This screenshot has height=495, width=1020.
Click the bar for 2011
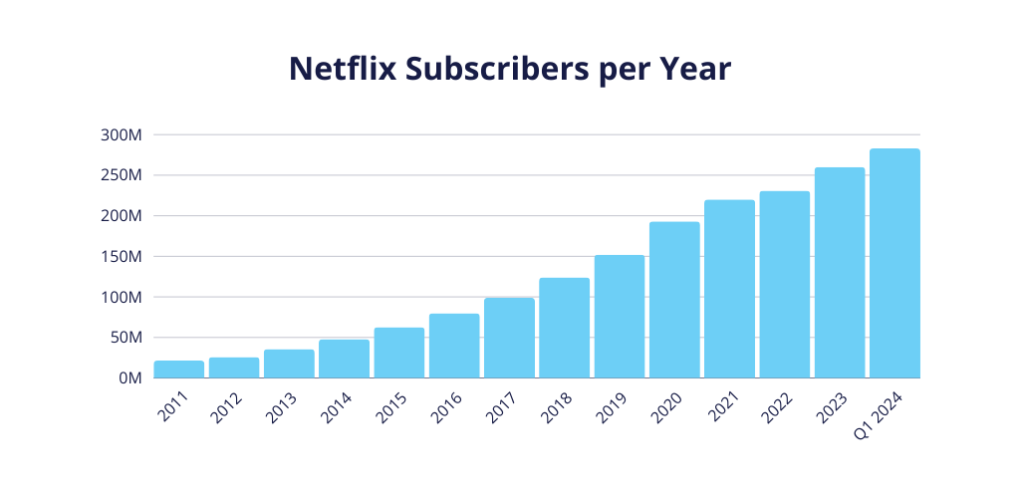(179, 370)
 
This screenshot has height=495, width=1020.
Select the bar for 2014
(344, 359)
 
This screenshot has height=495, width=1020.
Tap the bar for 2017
(509, 338)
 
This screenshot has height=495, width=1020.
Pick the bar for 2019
(620, 317)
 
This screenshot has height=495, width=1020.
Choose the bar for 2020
(674, 300)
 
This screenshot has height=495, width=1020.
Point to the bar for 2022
(784, 285)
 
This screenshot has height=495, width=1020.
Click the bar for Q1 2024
(894, 264)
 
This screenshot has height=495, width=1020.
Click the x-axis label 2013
(283, 404)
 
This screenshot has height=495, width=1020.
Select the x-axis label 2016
(448, 404)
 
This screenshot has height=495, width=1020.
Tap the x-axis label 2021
(723, 404)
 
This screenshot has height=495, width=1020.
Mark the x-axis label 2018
(558, 404)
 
